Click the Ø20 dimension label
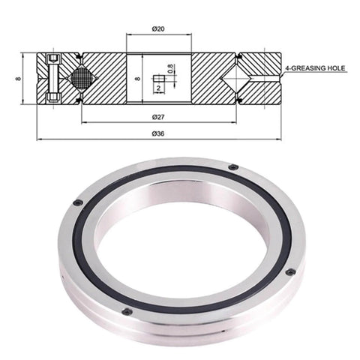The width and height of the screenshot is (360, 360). point(158,28)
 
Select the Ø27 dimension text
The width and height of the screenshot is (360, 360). point(158,116)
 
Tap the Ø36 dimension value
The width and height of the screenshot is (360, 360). point(158,133)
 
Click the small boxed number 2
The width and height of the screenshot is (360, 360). point(160,88)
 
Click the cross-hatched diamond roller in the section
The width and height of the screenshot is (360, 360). point(81,77)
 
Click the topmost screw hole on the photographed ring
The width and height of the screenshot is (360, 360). point(234,166)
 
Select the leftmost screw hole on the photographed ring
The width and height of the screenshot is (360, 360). point(77,202)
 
